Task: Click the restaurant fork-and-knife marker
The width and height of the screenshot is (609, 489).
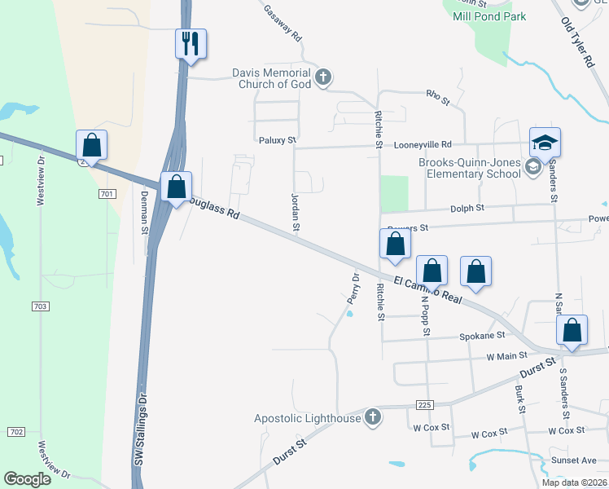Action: [x=191, y=44]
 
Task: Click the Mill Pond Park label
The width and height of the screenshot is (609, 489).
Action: [x=489, y=16]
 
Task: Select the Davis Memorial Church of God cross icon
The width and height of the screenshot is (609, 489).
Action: [x=323, y=78]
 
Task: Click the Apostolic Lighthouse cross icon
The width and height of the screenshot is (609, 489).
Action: [x=373, y=418]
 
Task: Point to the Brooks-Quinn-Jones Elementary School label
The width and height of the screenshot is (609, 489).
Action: [x=470, y=168]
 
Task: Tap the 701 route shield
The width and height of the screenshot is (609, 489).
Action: [x=106, y=194]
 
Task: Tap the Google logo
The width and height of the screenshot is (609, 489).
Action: [x=28, y=479]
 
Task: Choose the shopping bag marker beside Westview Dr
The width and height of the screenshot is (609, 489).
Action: [x=92, y=147]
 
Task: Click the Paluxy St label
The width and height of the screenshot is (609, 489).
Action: [x=277, y=140]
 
